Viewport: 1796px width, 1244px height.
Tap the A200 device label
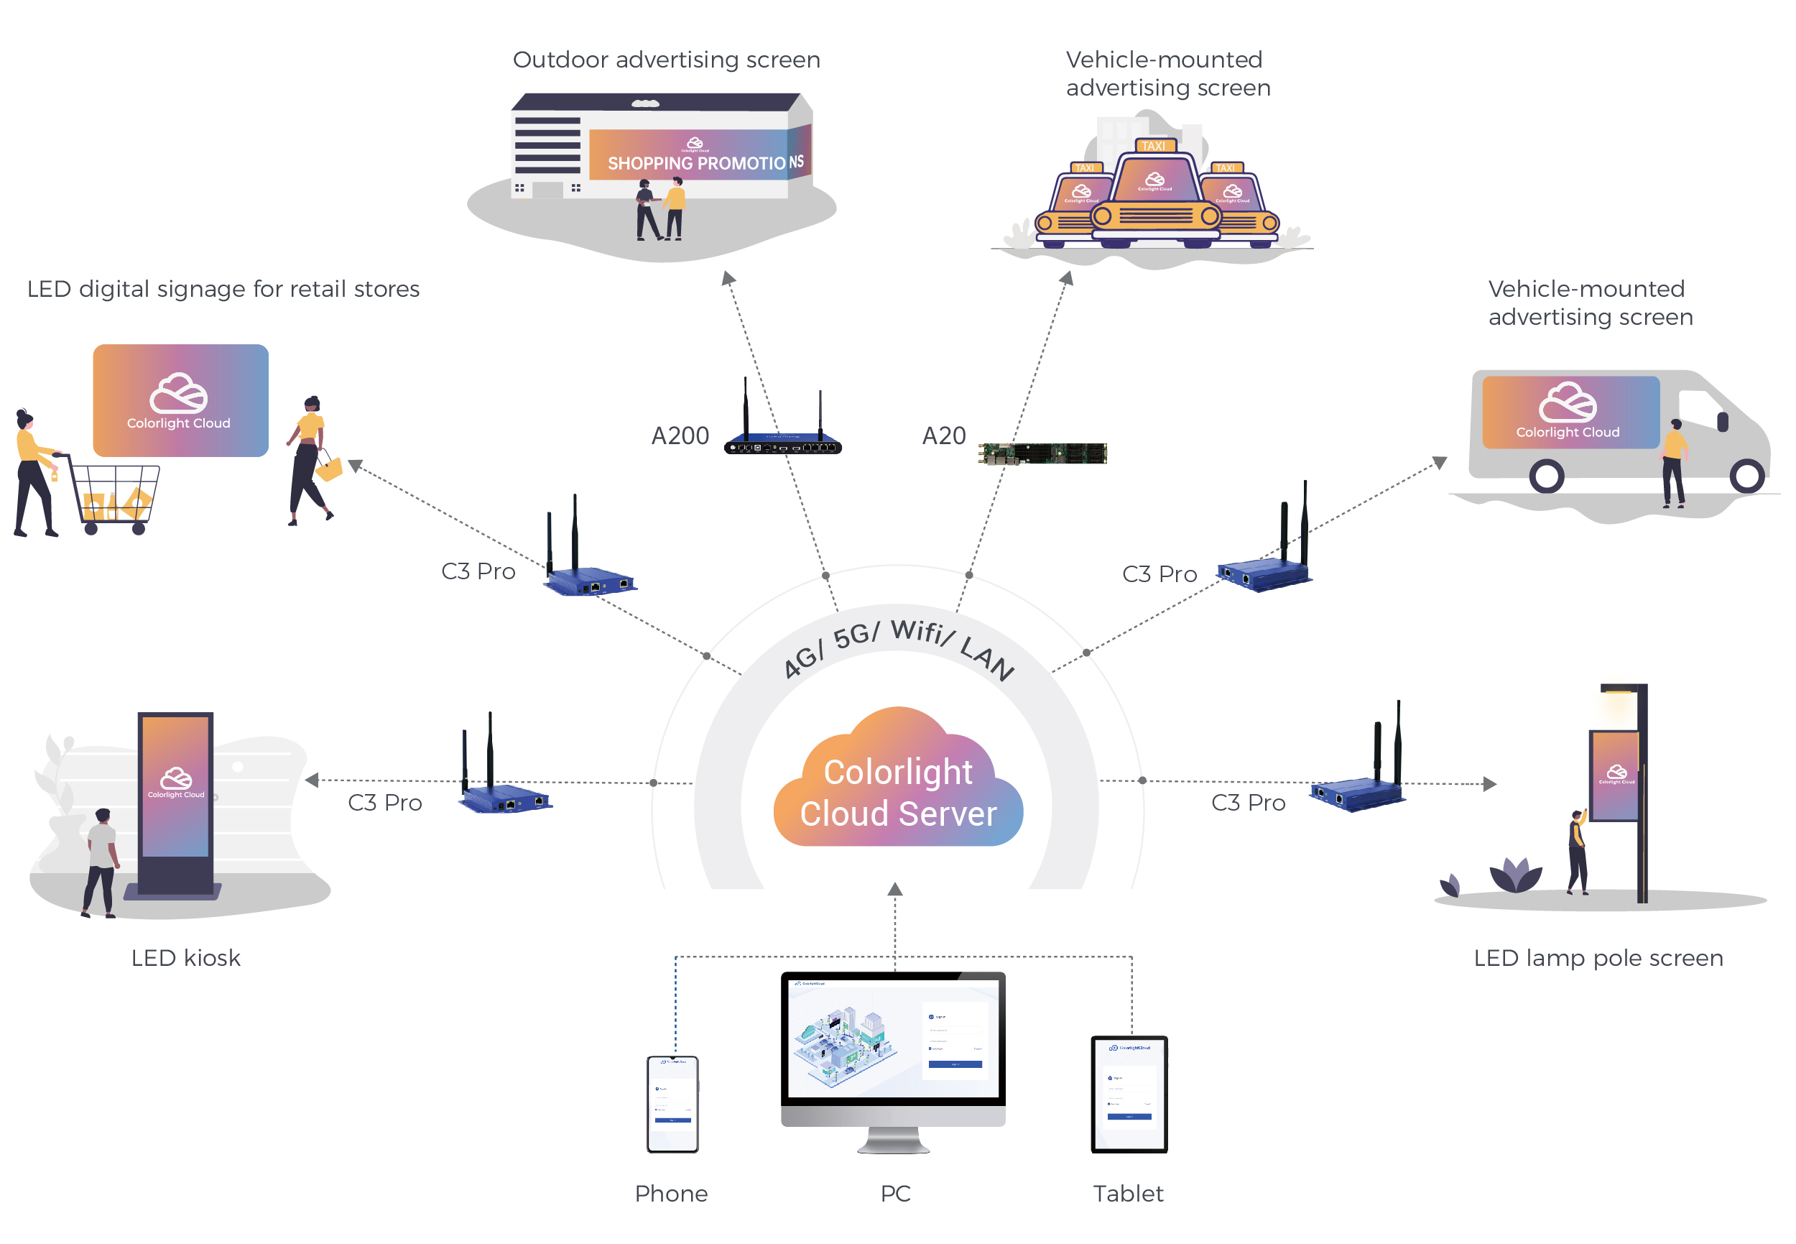point(680,436)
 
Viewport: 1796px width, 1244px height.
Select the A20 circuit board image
point(1042,453)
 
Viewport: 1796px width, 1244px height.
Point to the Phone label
point(671,1194)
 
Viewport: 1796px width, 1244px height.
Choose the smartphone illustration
point(672,1104)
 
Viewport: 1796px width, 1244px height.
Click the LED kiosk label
point(185,958)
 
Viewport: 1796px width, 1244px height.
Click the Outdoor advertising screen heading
point(666,60)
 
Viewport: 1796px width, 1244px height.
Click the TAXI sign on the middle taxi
point(1153,146)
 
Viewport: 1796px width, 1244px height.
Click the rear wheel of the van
point(1546,476)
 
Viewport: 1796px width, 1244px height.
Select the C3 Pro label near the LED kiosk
point(385,803)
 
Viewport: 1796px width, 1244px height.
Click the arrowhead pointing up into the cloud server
point(895,890)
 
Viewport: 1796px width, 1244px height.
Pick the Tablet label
point(1127,1194)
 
